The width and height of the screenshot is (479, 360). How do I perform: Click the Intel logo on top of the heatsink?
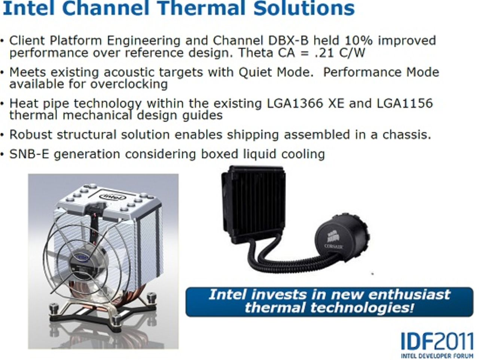[113, 196]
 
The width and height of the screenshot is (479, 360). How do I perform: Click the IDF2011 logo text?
[436, 341]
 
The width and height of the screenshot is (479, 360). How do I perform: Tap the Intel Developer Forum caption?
[437, 356]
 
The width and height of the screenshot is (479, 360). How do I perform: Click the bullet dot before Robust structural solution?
[3, 135]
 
